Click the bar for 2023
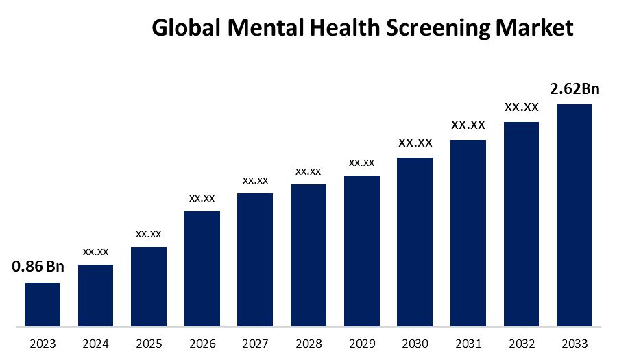click(x=43, y=304)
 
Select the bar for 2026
click(x=202, y=268)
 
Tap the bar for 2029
click(x=361, y=250)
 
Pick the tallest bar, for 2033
click(x=574, y=215)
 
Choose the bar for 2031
click(x=468, y=232)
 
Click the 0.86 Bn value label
click(x=37, y=267)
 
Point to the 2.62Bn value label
click(x=574, y=89)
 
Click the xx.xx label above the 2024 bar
click(x=96, y=252)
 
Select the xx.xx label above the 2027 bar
click(x=255, y=180)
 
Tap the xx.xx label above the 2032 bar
click(x=521, y=107)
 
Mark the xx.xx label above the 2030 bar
click(x=415, y=143)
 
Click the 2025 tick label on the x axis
click(x=149, y=343)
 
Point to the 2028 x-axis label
click(x=308, y=343)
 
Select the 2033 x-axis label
click(x=574, y=343)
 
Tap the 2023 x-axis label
click(x=43, y=343)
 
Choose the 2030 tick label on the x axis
click(x=415, y=343)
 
